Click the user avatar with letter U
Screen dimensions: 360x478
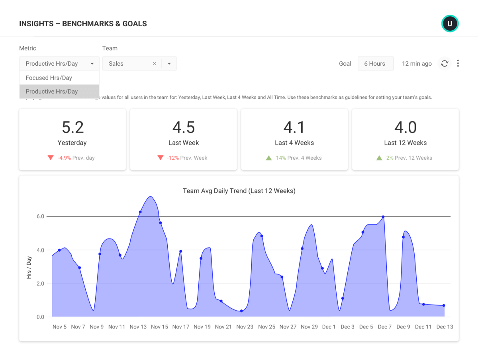(x=450, y=23)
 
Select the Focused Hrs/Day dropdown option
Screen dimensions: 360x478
(x=49, y=78)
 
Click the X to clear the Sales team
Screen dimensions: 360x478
(x=155, y=64)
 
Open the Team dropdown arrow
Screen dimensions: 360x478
(x=169, y=64)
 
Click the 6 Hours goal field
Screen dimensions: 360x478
(x=375, y=64)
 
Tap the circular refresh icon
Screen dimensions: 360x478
(x=445, y=64)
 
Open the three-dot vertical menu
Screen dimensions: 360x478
(x=458, y=64)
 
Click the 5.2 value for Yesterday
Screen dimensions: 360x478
(x=72, y=127)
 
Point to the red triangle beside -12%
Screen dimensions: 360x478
(x=161, y=158)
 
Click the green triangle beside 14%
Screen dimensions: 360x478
(x=269, y=158)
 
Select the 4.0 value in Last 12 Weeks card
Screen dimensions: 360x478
(x=405, y=127)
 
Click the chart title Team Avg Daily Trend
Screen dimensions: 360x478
(x=239, y=191)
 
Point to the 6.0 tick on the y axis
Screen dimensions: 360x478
(x=40, y=217)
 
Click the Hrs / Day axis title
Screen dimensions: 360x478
(x=29, y=267)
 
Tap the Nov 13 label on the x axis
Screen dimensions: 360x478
(x=138, y=327)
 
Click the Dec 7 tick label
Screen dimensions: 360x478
(x=385, y=327)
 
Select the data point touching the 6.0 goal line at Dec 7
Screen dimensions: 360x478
(x=383, y=217)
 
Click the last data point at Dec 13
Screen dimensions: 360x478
(x=444, y=305)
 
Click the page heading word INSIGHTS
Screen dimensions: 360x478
(x=36, y=24)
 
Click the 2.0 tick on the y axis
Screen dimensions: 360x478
(x=40, y=284)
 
